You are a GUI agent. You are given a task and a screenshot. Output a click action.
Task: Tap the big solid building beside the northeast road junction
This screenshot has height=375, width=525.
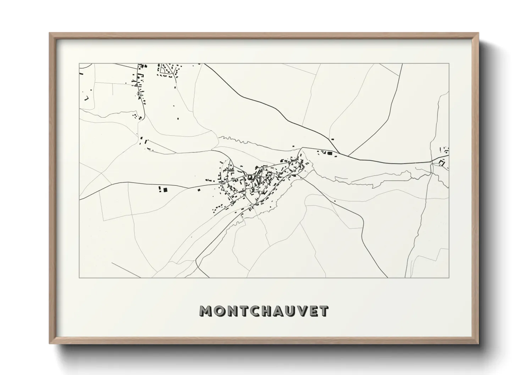[x=330, y=153]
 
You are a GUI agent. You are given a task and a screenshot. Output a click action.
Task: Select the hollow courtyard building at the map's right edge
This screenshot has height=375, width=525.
[x=442, y=163]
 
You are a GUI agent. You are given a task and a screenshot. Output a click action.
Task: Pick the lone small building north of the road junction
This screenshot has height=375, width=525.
[x=332, y=139]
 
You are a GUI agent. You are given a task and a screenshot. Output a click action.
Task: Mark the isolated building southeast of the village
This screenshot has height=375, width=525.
[x=335, y=201]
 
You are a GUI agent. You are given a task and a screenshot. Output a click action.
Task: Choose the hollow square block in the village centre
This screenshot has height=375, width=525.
[x=250, y=177]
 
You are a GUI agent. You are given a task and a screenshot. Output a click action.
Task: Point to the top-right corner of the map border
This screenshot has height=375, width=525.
[x=449, y=63]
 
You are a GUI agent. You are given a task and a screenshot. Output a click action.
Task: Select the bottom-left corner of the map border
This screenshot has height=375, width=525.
[x=79, y=278]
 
